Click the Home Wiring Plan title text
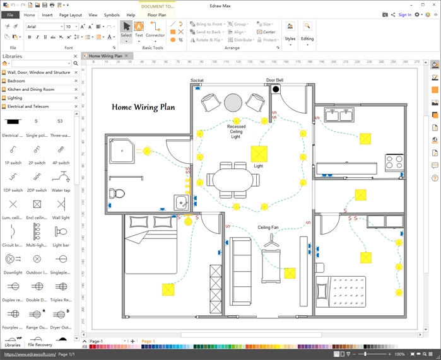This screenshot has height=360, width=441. pyautogui.click(x=143, y=107)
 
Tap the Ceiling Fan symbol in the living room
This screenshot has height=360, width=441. pyautogui.click(x=271, y=240)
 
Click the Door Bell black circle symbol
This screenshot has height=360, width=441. pyautogui.click(x=276, y=89)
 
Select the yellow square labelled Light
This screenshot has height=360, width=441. pyautogui.click(x=259, y=154)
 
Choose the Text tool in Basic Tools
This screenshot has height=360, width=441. pyautogui.click(x=139, y=29)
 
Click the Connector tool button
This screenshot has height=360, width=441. pyautogui.click(x=155, y=29)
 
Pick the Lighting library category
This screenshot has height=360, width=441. pyautogui.click(x=15, y=98)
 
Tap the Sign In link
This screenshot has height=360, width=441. pyautogui.click(x=404, y=15)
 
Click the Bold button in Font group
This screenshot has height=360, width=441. pyautogui.click(x=30, y=37)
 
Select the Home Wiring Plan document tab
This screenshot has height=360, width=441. pyautogui.click(x=105, y=56)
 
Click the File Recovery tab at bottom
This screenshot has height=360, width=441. pyautogui.click(x=40, y=345)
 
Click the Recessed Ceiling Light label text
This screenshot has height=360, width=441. pyautogui.click(x=236, y=132)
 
